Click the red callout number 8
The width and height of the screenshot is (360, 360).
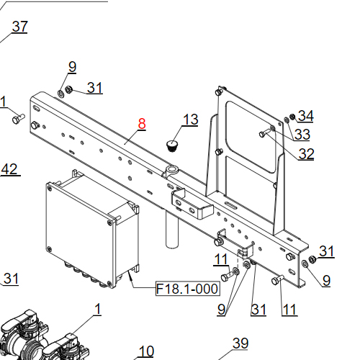click(142, 123)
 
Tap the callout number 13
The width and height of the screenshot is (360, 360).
click(189, 120)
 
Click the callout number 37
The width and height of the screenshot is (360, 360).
click(19, 27)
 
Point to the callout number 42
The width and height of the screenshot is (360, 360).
click(9, 169)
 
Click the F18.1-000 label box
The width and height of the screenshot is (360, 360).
click(186, 289)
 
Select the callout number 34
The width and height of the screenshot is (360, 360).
click(306, 116)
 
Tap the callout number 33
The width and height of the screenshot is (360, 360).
click(302, 135)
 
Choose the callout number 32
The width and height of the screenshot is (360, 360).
click(306, 153)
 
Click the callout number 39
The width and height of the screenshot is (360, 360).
click(240, 343)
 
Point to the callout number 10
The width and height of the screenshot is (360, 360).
click(146, 351)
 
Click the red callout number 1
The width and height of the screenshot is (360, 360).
click(97, 310)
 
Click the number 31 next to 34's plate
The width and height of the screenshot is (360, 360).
click(327, 251)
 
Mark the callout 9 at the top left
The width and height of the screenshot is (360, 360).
click(72, 67)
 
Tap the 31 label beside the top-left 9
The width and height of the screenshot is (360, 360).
click(95, 88)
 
